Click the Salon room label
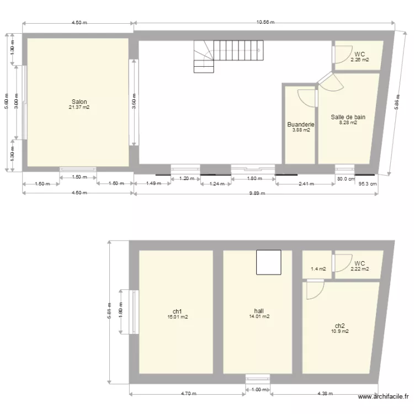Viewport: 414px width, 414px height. tap(79, 102)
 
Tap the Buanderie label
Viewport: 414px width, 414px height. tap(301, 125)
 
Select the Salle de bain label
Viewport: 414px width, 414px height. tap(348, 117)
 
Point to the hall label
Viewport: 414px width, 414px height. tap(258, 311)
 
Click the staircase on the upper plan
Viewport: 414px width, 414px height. tap(227, 56)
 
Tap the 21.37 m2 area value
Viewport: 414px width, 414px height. tap(79, 108)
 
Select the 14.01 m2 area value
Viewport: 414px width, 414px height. tap(258, 317)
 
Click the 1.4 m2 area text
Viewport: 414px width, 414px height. tap(319, 269)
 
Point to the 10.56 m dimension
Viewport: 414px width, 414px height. tap(265, 23)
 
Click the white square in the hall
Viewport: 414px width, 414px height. tap(269, 262)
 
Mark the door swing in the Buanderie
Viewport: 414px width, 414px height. tap(307, 98)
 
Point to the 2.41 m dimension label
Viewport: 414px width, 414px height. tap(305, 184)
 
